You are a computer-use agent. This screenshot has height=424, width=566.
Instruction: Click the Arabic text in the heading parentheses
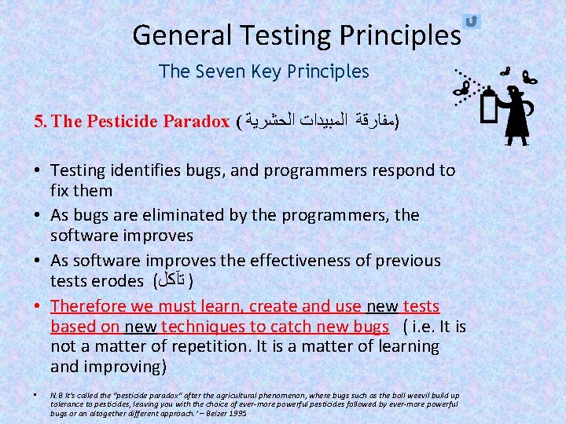coord(318,122)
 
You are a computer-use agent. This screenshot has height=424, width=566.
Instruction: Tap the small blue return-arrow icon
coord(472,21)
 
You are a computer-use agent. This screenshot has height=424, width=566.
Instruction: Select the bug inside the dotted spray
coord(463,91)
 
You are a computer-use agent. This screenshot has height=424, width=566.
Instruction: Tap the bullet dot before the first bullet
coord(39,170)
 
